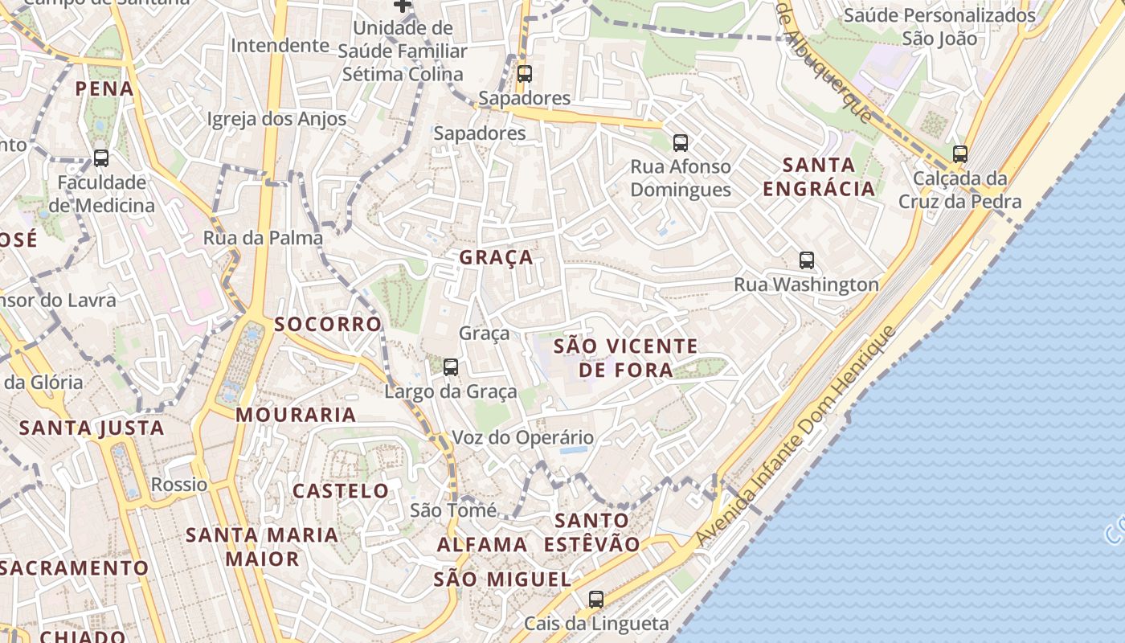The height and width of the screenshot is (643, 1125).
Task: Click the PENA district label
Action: pos(105,88)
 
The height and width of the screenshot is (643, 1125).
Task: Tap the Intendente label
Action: pos(280,46)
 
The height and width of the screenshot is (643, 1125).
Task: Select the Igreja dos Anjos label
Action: pos(276,120)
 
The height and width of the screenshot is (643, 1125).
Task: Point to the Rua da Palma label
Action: pos(263,238)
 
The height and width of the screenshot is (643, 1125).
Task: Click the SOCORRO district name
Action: pos(328,324)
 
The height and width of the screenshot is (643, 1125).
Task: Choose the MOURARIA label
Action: pos(296,415)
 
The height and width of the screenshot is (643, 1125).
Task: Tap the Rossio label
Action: pos(179,485)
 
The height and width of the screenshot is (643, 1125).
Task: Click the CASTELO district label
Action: pos(341,491)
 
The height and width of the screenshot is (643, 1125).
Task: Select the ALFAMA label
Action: pos(482,545)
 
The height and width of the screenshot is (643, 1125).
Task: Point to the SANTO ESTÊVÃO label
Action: pos(592,532)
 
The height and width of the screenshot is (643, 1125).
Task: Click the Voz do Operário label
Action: pos(523,438)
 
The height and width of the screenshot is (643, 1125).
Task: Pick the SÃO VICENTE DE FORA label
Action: pos(626,358)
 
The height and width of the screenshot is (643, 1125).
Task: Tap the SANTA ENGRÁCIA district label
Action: pos(819,177)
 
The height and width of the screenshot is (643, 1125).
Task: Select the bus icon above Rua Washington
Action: pos(807,260)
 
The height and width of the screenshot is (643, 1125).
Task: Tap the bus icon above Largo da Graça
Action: pos(451,367)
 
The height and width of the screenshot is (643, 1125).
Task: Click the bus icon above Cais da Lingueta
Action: pos(595,599)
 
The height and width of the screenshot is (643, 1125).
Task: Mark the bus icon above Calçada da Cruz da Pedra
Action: pos(960,154)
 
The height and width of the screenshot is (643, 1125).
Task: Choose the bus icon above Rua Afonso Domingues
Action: pos(681,143)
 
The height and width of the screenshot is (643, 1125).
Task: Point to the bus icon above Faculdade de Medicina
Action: pos(101,158)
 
